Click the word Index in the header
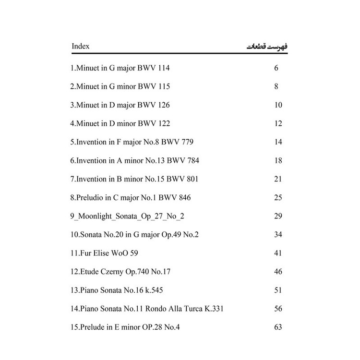click(x=80, y=47)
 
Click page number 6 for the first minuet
click(x=276, y=68)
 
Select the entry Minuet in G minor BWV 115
click(x=120, y=87)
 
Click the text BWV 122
click(x=154, y=124)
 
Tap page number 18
click(x=278, y=160)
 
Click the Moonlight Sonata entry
click(x=127, y=216)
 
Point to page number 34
click(x=278, y=235)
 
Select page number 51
click(x=278, y=290)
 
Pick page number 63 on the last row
click(x=278, y=327)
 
